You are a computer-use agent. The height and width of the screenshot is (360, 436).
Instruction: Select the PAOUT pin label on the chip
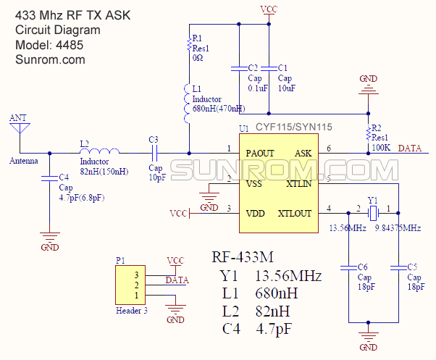(x=259, y=154)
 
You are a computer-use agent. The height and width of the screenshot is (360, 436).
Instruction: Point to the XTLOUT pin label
(x=295, y=214)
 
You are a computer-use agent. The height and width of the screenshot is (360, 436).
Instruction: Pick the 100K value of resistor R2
(x=381, y=147)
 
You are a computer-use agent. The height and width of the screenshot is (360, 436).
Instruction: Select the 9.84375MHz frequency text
(x=398, y=228)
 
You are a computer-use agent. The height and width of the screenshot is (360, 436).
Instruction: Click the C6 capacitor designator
(x=362, y=267)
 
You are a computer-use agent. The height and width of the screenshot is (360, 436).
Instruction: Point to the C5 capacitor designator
(x=412, y=267)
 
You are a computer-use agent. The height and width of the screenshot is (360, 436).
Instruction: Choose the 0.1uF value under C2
(x=258, y=88)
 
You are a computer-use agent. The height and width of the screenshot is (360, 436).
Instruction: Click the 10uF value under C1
(x=287, y=88)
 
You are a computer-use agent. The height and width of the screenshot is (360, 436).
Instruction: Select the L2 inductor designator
(x=85, y=143)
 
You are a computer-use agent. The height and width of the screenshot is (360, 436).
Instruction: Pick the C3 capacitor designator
(x=153, y=139)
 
